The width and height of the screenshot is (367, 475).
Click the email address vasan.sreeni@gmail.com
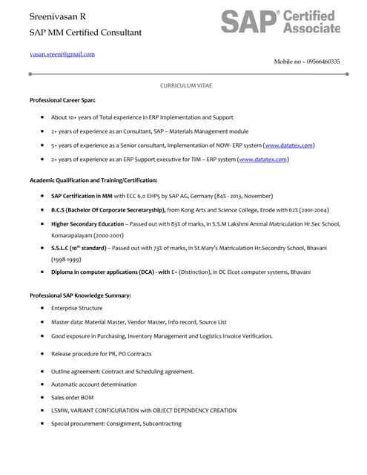click(62, 54)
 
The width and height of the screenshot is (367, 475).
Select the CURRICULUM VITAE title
click(186, 86)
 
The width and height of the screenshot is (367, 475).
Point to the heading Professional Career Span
click(62, 99)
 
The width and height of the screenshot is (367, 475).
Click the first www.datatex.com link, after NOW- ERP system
click(288, 145)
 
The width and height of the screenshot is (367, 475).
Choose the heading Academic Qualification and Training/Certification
click(93, 180)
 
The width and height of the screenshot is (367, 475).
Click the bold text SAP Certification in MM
click(82, 196)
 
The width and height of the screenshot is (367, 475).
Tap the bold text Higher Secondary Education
click(87, 223)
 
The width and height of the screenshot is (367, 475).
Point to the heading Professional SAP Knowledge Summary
click(80, 295)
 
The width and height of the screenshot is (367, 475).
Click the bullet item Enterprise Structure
click(76, 307)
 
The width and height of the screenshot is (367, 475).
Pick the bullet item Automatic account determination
click(93, 384)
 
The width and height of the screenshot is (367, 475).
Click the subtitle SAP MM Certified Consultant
click(85, 33)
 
